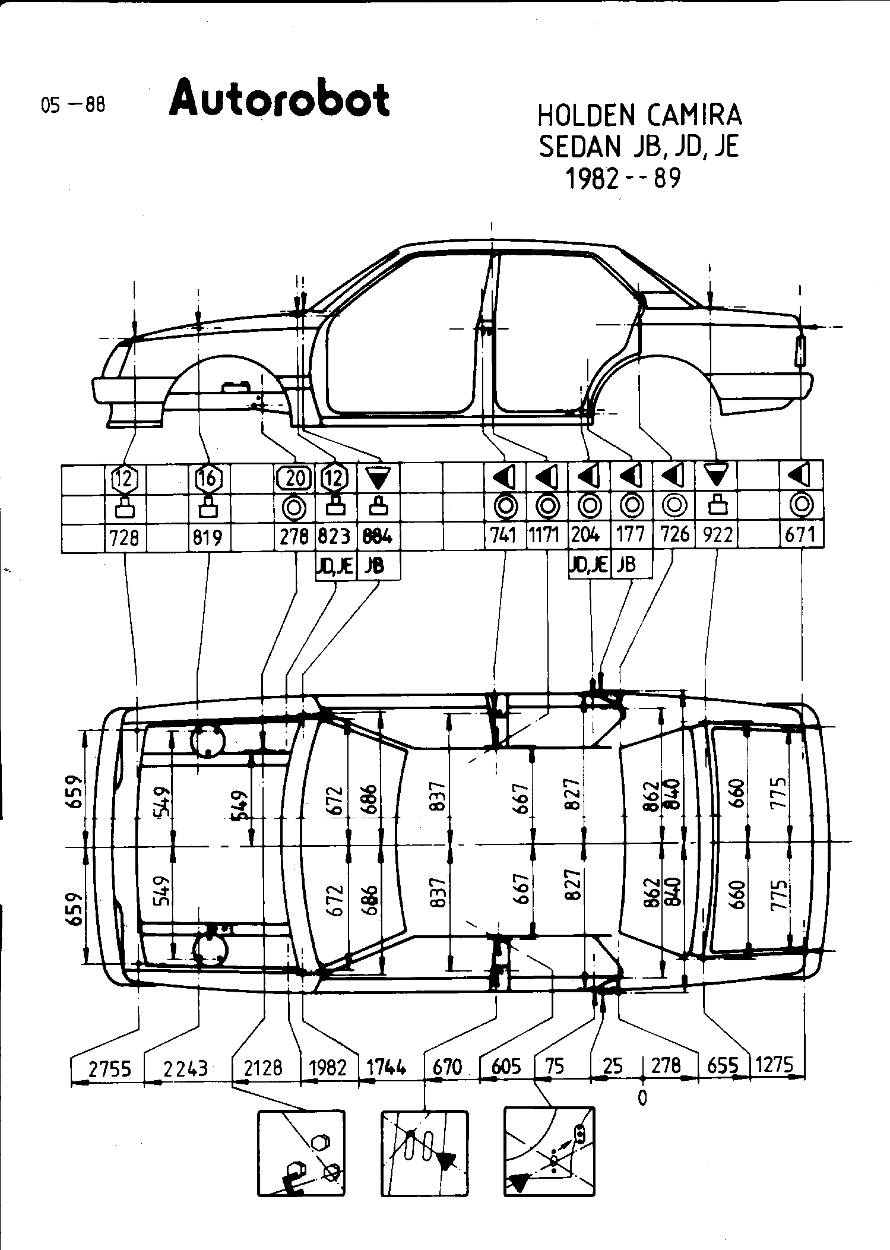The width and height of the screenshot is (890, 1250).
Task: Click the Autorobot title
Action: coord(279,99)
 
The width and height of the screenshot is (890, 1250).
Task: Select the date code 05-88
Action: coord(73,105)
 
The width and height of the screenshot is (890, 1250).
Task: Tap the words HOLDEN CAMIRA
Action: coord(639,115)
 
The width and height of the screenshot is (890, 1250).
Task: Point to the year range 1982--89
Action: coord(623,178)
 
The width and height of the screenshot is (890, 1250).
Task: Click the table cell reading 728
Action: coord(125,537)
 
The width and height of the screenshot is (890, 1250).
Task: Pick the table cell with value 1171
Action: coord(544,536)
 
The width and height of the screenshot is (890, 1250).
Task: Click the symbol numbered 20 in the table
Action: coord(295,477)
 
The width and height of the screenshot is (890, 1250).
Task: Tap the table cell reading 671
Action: coord(801,536)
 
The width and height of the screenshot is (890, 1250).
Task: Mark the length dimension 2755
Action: coord(109,1069)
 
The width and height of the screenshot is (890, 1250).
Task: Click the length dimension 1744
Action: coord(387,1068)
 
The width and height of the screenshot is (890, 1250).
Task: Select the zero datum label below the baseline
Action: coord(642,1098)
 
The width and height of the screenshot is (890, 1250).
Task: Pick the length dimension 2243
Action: coord(185,1069)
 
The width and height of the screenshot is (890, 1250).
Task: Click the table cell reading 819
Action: coord(208,537)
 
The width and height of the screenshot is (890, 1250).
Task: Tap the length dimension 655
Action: coord(723,1067)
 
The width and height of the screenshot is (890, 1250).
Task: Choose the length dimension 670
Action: coord(447,1068)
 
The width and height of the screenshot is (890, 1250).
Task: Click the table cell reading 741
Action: coord(504,536)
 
